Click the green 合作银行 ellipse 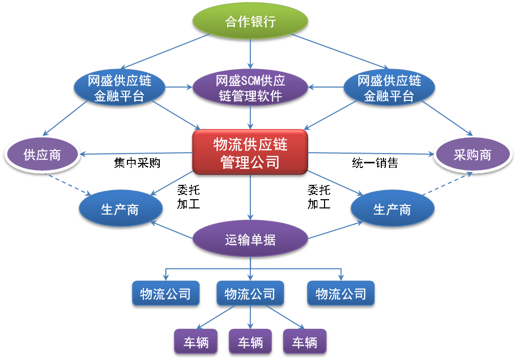[x=250, y=21]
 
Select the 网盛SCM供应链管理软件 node [x=250, y=88]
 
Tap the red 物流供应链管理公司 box [x=250, y=152]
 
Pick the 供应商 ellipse [x=42, y=155]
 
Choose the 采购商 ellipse [x=472, y=155]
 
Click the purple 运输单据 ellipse [x=250, y=239]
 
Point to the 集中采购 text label [x=137, y=163]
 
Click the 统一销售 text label [x=375, y=163]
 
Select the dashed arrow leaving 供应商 [x=68, y=184]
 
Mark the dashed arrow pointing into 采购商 [x=447, y=184]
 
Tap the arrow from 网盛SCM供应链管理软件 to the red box [x=250, y=118]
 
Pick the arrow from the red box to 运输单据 [x=250, y=197]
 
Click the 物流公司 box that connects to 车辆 [x=250, y=293]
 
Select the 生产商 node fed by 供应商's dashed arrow [x=120, y=209]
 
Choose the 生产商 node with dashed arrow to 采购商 [x=393, y=209]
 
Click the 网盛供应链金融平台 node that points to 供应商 [x=119, y=88]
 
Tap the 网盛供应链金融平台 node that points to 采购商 [x=389, y=88]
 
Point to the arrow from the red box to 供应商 [x=136, y=154]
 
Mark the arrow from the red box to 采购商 [x=371, y=154]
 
